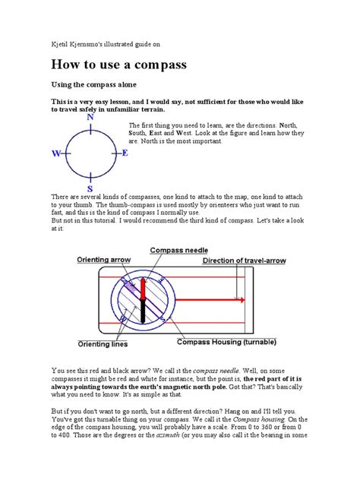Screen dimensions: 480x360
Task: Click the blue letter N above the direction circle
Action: tap(90, 118)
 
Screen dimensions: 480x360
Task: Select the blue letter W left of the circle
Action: tap(56, 153)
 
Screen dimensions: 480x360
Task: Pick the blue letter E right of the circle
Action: tap(125, 153)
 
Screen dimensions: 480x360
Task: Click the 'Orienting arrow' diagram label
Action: tap(106, 260)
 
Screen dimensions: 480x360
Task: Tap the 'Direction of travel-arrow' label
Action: tap(244, 261)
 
